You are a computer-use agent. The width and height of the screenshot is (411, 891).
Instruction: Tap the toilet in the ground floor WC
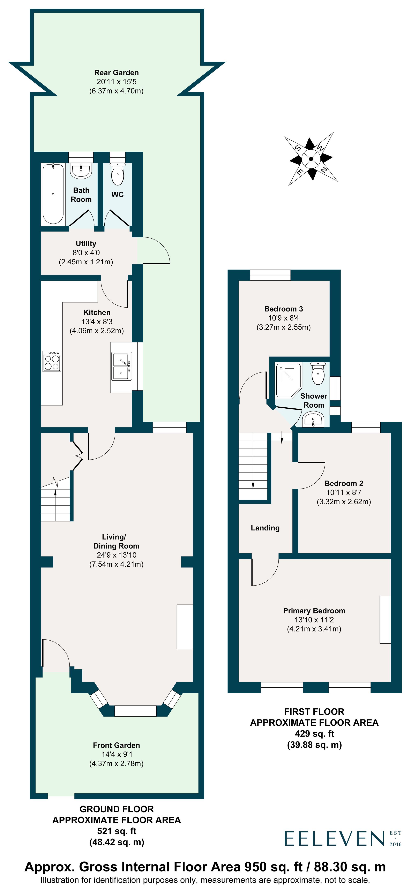118,174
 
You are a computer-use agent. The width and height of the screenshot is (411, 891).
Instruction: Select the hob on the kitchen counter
52,361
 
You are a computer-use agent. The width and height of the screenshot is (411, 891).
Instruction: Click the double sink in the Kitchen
121,366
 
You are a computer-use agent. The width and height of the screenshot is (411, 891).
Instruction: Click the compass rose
311,159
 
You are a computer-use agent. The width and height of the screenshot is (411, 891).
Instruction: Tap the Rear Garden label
116,73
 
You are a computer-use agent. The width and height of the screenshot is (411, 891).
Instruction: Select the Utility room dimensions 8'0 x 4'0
86,253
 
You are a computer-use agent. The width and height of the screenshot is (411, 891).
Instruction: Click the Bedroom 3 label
283,309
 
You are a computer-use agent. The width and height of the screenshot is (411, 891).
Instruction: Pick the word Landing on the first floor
265,528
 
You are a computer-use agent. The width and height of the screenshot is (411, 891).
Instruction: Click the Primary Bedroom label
314,611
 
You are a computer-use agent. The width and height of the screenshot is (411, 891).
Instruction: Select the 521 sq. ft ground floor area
117,831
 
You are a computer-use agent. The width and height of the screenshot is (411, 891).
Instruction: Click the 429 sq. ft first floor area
314,733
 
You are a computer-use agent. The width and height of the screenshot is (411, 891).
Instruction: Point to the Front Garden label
116,745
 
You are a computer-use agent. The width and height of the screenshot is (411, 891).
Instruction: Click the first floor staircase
253,465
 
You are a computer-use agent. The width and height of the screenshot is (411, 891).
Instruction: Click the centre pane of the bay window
135,711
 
